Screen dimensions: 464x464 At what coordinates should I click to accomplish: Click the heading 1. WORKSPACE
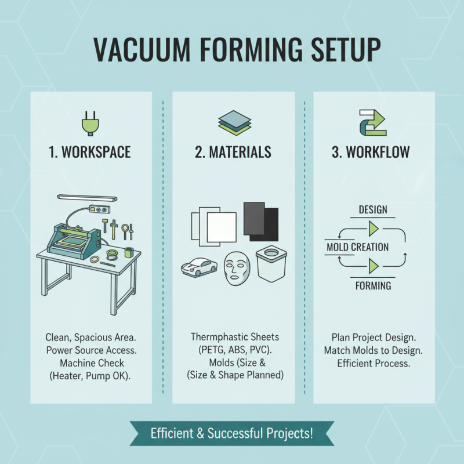(89, 153)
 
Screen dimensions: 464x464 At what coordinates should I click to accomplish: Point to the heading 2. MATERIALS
(233, 153)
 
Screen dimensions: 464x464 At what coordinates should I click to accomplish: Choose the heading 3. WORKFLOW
(371, 153)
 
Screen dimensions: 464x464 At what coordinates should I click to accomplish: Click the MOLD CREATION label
(358, 248)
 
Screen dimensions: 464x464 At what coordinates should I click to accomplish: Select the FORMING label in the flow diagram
(374, 286)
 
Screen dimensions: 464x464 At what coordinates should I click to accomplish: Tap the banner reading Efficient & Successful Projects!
(231, 433)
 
